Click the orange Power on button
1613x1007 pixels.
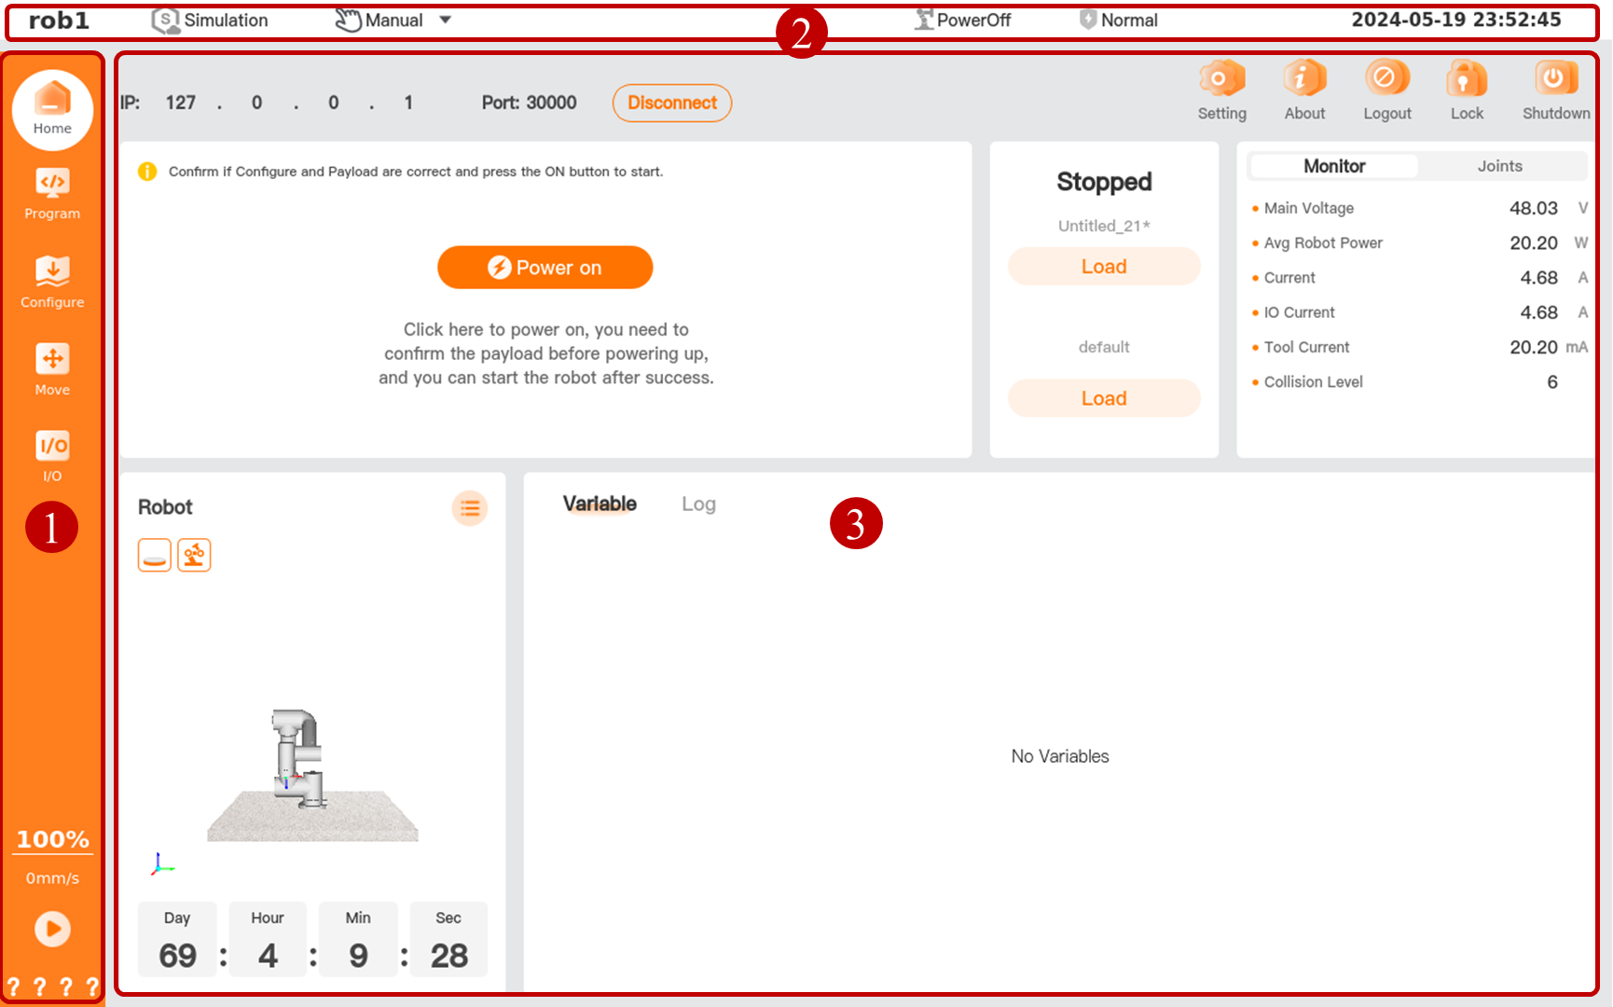pyautogui.click(x=545, y=268)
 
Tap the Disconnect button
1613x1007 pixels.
pyautogui.click(x=671, y=103)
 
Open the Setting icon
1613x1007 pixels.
pyautogui.click(x=1221, y=79)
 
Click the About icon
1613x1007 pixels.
pyautogui.click(x=1304, y=79)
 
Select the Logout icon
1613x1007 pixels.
pyautogui.click(x=1386, y=79)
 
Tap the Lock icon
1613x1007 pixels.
pyautogui.click(x=1467, y=79)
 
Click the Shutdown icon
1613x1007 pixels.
pyautogui.click(x=1555, y=79)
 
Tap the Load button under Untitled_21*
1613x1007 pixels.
pyautogui.click(x=1104, y=267)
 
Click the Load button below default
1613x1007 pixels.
pyautogui.click(x=1104, y=398)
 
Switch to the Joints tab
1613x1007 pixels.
pyautogui.click(x=1499, y=166)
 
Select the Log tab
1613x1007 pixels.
pyautogui.click(x=698, y=504)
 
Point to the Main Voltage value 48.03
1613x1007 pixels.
pyautogui.click(x=1534, y=208)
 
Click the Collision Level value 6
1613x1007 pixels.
pyautogui.click(x=1552, y=381)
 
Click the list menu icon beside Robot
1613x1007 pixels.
pyautogui.click(x=470, y=508)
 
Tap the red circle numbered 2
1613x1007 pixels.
pyautogui.click(x=801, y=34)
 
